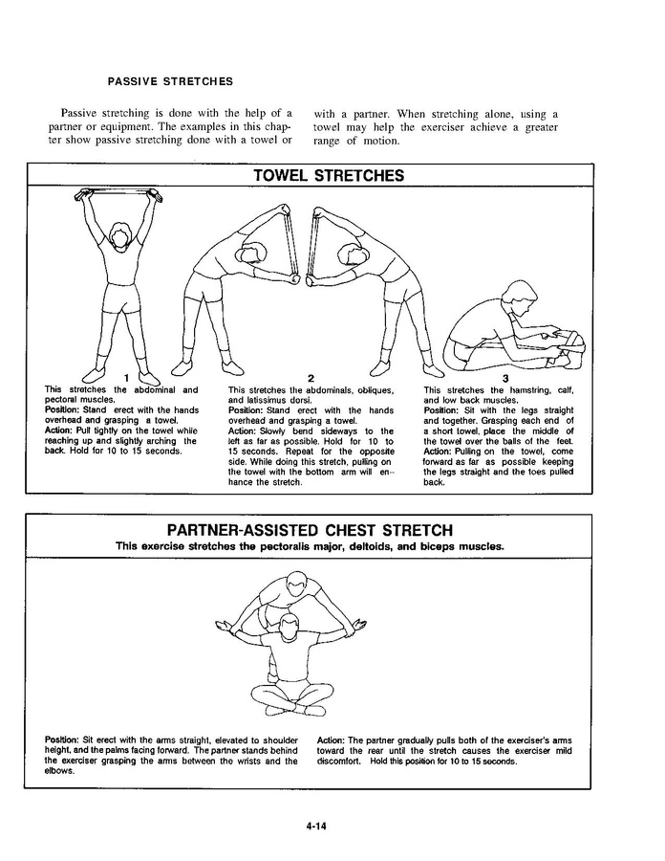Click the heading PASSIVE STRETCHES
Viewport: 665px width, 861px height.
pyautogui.click(x=170, y=80)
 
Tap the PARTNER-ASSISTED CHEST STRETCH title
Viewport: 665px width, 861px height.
pyautogui.click(x=310, y=530)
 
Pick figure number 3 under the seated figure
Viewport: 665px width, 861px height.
pyautogui.click(x=505, y=378)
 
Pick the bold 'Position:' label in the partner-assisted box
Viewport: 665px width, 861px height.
pyautogui.click(x=62, y=740)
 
